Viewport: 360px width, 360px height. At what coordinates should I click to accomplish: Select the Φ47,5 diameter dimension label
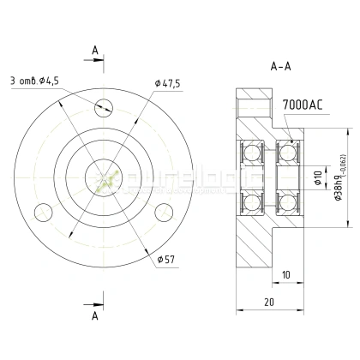point(171,82)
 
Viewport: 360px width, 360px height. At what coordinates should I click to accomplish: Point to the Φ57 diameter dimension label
point(166,257)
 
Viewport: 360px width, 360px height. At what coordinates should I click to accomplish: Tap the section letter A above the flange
point(93,51)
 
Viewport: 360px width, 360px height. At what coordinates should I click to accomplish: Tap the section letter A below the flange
point(93,315)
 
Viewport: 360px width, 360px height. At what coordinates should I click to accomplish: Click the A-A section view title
point(279,65)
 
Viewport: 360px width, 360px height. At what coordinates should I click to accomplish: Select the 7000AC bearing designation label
point(302,105)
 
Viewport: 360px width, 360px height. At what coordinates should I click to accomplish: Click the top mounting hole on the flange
point(105,107)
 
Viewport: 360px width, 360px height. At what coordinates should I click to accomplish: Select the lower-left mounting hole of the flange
point(39,211)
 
